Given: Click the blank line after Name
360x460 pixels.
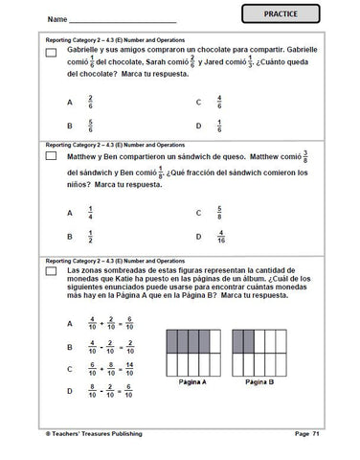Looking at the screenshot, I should click(124, 19).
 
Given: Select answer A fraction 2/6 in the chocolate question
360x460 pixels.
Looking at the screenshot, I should click(90, 102).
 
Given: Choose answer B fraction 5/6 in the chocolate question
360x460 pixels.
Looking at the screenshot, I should click(90, 125).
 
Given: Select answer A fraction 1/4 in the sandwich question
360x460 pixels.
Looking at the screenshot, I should click(90, 214).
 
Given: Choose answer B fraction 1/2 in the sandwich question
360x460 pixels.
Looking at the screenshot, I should click(90, 237).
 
